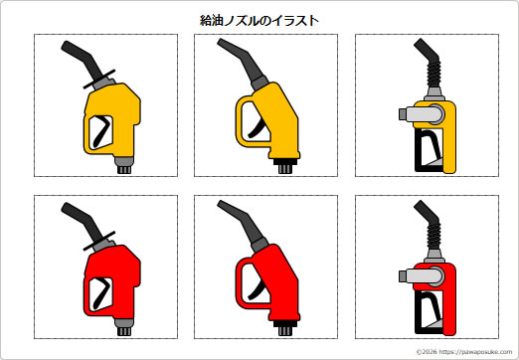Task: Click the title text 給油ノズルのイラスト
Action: [x=259, y=20]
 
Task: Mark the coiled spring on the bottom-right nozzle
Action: [x=434, y=239]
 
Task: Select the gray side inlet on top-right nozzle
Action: [x=408, y=116]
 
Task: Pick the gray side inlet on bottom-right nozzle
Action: [x=408, y=276]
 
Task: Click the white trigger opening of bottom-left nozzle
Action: [x=99, y=292]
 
